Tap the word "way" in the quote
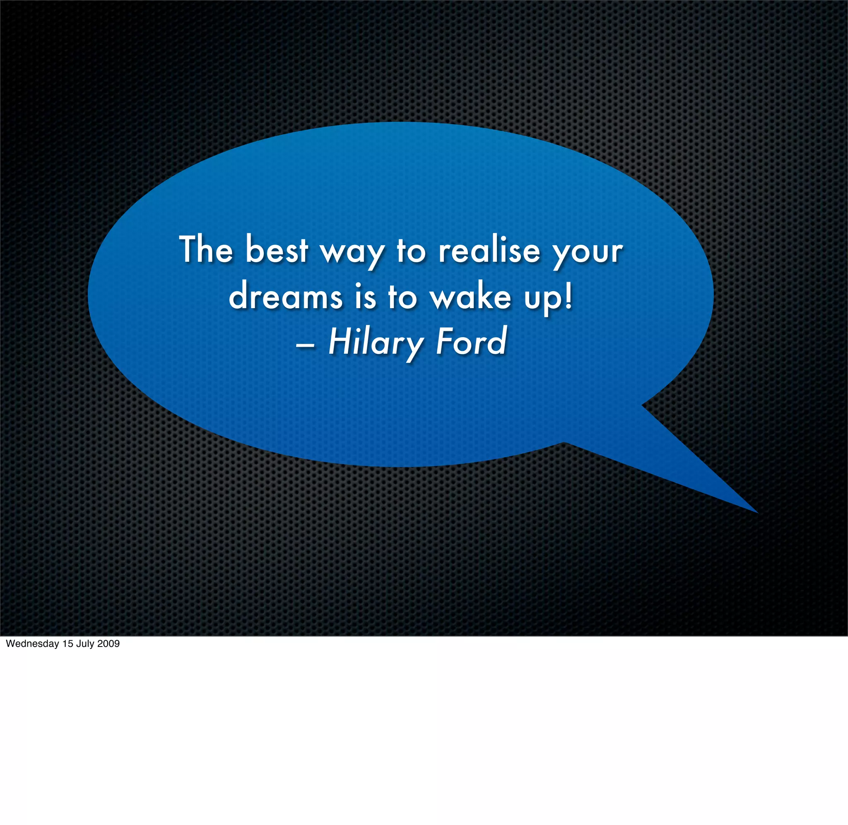point(352,253)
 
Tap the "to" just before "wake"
point(402,297)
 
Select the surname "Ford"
point(471,341)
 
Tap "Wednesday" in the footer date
point(32,644)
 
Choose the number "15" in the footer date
point(68,644)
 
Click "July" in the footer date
point(85,644)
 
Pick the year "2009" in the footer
point(108,644)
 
